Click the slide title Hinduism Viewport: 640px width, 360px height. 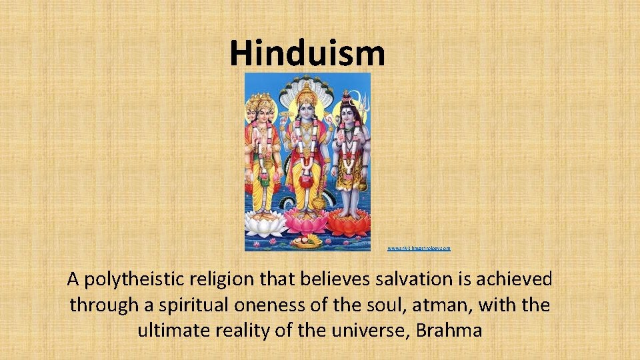pos(307,53)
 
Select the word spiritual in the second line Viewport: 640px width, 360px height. pos(199,305)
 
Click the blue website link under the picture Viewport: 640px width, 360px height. pos(419,248)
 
